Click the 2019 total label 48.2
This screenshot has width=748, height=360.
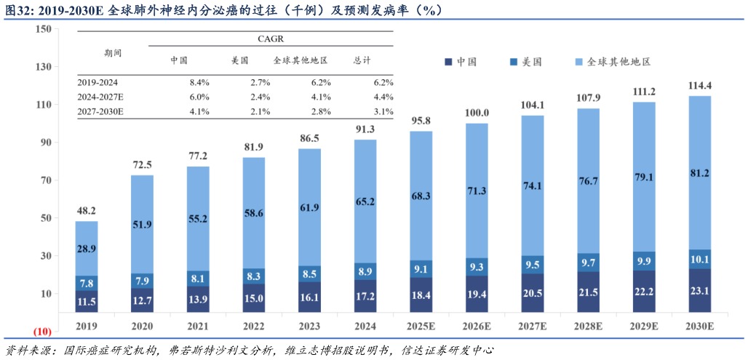point(87,211)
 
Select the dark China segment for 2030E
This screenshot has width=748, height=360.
point(700,291)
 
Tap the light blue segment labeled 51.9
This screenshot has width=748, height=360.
point(143,225)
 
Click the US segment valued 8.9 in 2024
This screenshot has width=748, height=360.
point(365,272)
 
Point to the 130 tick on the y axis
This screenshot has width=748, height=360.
point(42,67)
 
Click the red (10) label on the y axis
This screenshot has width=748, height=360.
point(41,332)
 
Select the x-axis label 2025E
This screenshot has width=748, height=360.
point(421,327)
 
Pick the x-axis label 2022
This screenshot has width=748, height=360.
point(254,327)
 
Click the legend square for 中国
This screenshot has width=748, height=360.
point(449,62)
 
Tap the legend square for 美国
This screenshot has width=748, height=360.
point(514,62)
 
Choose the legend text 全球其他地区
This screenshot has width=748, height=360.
point(618,62)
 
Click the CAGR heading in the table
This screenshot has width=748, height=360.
point(271,38)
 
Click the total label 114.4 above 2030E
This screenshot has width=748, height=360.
point(700,86)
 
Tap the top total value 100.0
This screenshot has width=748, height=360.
point(477,113)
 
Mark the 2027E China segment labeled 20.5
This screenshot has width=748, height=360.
point(533,292)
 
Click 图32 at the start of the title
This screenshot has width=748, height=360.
point(17,11)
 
